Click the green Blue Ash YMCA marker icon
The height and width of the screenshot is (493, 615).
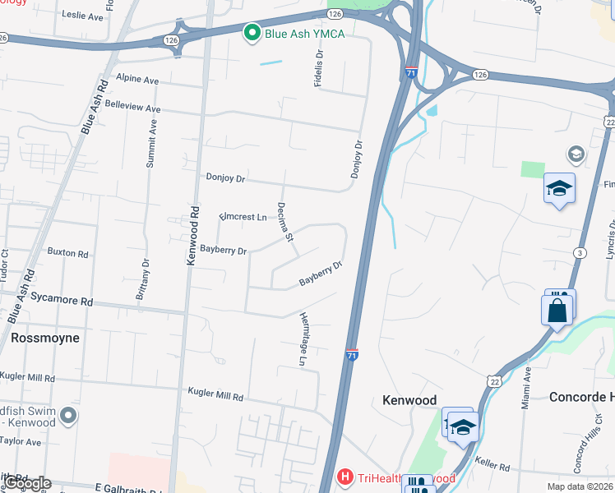[252, 33]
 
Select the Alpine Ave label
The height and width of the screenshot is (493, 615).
[136, 80]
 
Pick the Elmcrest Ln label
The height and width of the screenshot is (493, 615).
[243, 217]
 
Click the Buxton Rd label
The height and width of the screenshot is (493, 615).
[67, 252]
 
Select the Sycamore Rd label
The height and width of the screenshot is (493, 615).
[63, 302]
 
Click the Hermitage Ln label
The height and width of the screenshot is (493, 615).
[303, 339]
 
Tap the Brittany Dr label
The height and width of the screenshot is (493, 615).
[146, 280]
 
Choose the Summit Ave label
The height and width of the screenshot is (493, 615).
[151, 145]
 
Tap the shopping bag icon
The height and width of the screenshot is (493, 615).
[557, 311]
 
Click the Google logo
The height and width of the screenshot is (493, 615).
[27, 483]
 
